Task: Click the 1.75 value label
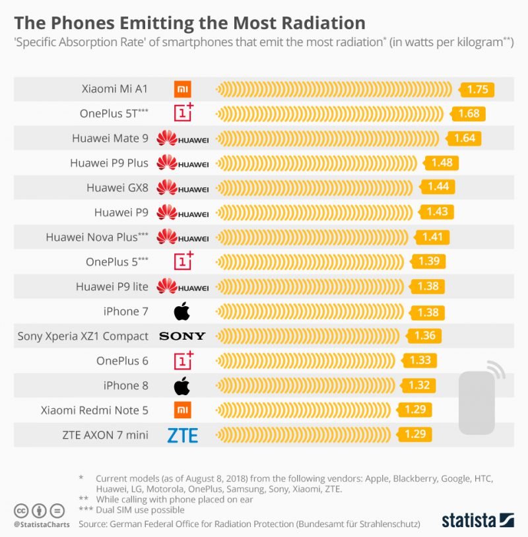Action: click(x=477, y=90)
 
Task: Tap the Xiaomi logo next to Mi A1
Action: click(x=182, y=89)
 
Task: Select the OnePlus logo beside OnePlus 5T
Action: click(x=183, y=113)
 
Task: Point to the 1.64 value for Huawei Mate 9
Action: click(x=465, y=139)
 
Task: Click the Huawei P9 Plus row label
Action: click(x=109, y=163)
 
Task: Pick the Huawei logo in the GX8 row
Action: click(x=182, y=188)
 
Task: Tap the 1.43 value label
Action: click(x=437, y=212)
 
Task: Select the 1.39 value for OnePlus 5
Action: click(x=428, y=261)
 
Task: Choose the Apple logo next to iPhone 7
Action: click(x=181, y=311)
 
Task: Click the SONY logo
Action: click(x=182, y=336)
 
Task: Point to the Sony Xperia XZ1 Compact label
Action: click(x=82, y=336)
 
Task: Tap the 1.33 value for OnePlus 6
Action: click(x=420, y=360)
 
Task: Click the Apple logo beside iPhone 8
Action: click(x=181, y=385)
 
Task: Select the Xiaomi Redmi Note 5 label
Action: click(x=94, y=410)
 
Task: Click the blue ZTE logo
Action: click(x=182, y=435)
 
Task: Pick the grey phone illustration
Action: click(x=477, y=402)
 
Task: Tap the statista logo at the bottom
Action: click(x=477, y=519)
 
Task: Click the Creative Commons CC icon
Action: click(x=22, y=511)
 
